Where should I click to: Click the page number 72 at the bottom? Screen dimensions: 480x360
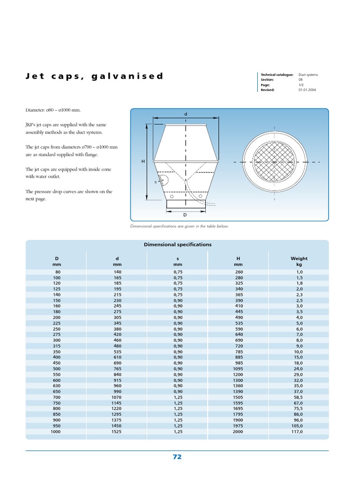click(x=177, y=457)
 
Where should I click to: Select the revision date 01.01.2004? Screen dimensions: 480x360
click(x=307, y=90)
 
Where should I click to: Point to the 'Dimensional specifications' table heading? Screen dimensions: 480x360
click(x=177, y=245)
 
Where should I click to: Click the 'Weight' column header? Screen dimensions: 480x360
click(x=299, y=258)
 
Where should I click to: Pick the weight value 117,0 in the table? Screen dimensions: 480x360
click(x=298, y=432)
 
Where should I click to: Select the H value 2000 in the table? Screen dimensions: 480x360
click(x=238, y=432)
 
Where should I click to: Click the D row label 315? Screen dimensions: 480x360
click(x=58, y=346)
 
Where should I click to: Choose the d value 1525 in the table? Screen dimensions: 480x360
click(x=117, y=432)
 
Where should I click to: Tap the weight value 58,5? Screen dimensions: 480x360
click(x=298, y=397)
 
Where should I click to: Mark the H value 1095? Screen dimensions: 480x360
click(x=238, y=369)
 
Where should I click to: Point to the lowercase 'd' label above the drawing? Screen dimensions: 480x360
click(x=186, y=114)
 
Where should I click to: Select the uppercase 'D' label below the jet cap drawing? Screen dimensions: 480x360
click(x=185, y=215)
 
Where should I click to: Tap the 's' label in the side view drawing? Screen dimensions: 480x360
click(x=155, y=182)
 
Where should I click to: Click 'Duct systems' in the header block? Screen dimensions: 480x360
click(x=308, y=75)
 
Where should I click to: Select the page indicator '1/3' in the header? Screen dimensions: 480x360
click(x=301, y=85)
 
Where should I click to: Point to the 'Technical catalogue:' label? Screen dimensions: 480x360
click(x=277, y=75)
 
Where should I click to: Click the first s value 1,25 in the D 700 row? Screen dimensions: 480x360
click(x=178, y=397)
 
